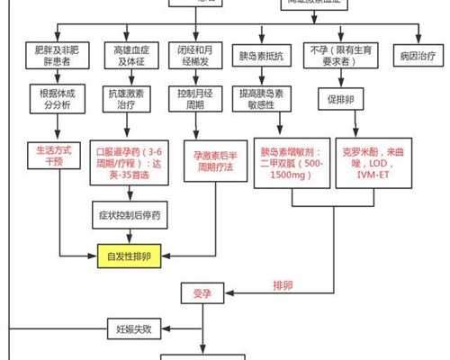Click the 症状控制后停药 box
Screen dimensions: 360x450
tap(130, 214)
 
